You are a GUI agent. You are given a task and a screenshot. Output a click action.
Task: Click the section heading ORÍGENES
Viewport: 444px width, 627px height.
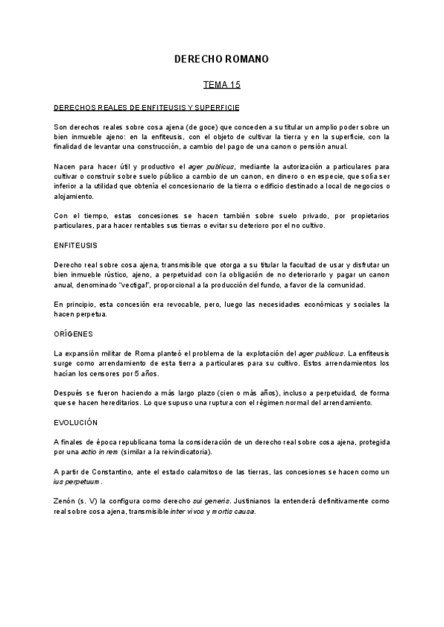pos(73,333)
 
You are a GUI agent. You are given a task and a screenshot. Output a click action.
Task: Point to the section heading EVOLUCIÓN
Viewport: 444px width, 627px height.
pos(75,422)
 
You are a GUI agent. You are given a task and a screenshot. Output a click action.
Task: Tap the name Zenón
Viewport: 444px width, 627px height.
pos(67,501)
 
